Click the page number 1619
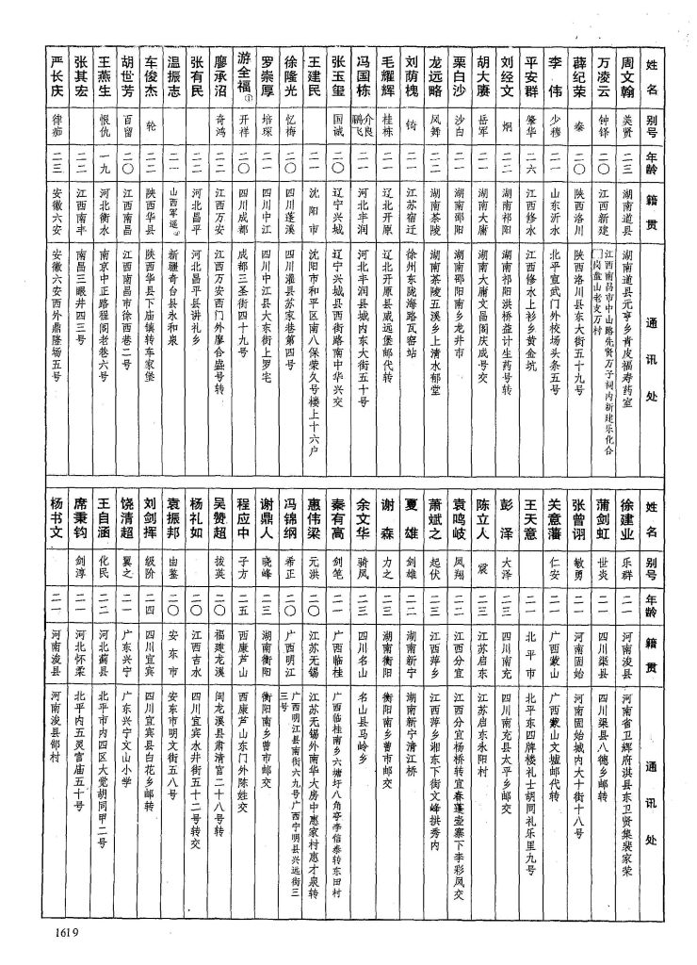click(x=58, y=934)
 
